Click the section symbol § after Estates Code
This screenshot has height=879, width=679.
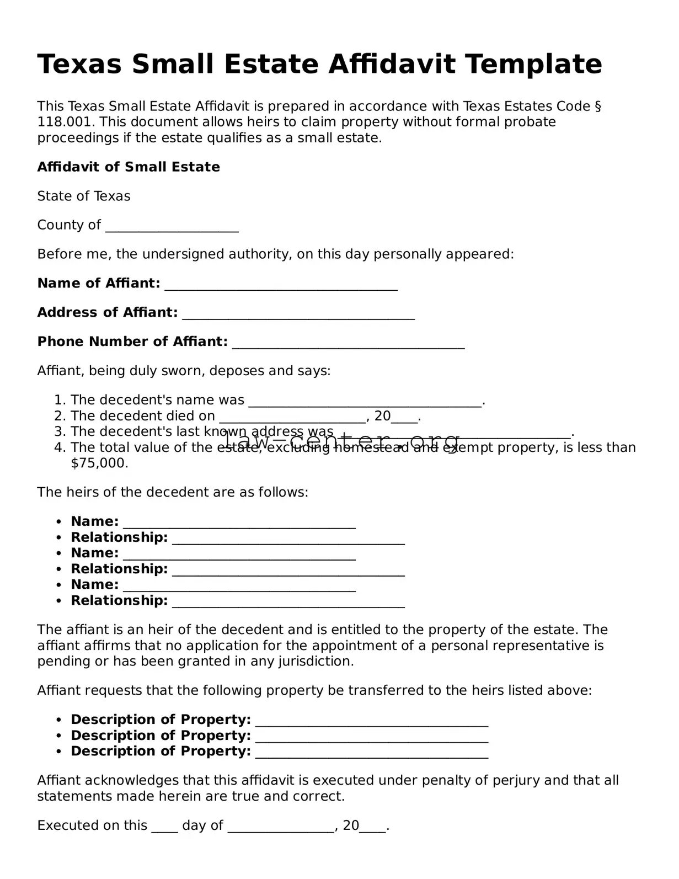tap(598, 106)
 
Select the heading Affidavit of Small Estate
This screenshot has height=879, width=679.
tap(129, 167)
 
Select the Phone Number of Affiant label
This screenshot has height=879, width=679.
tap(132, 342)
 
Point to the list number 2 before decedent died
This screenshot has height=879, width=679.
tap(60, 416)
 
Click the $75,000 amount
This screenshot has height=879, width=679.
tap(99, 463)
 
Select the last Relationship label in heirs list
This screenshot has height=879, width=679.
tap(119, 600)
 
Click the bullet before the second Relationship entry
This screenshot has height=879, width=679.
tap(58, 569)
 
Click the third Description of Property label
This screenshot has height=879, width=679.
tap(161, 751)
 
